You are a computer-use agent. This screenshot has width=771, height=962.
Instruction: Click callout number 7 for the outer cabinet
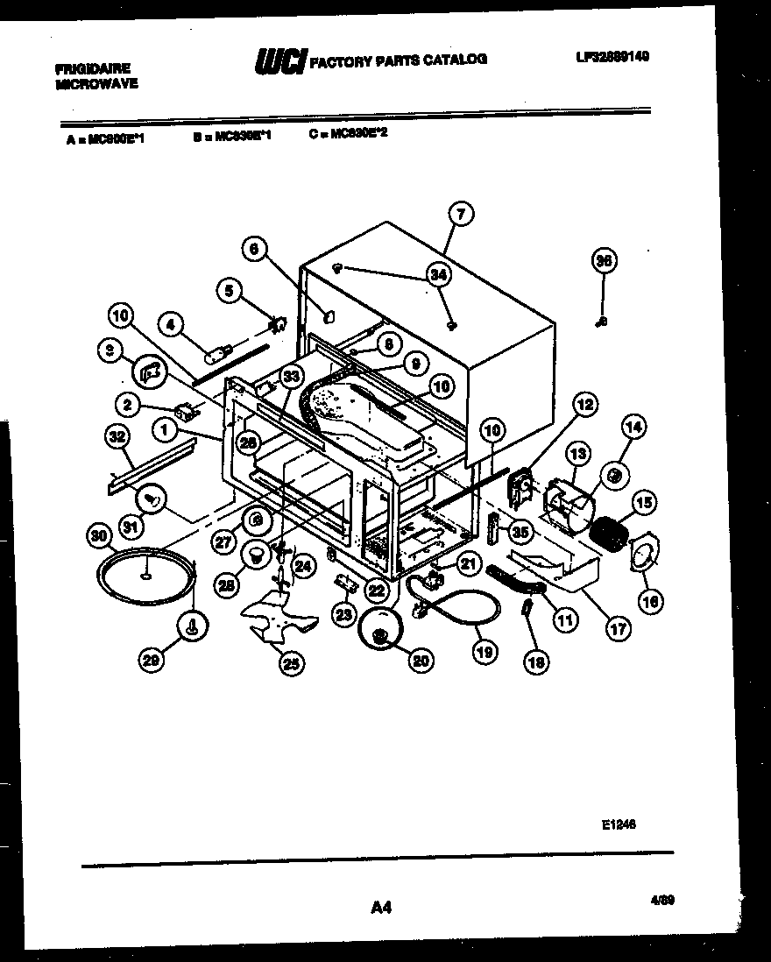coord(462,213)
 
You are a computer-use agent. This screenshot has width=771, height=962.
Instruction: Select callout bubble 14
coord(633,428)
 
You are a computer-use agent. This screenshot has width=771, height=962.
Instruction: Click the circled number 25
coord(292,664)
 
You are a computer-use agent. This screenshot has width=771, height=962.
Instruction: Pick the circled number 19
coord(484,652)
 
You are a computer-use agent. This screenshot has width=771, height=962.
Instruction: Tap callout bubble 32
coord(116,435)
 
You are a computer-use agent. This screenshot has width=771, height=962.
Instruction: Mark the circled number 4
coord(172,324)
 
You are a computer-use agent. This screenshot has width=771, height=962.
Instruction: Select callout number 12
coord(584,404)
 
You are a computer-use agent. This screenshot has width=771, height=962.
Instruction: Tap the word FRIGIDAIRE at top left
coord(93,67)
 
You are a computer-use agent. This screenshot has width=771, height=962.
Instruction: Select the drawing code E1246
coord(619,824)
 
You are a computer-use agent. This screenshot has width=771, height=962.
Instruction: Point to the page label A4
coord(381,908)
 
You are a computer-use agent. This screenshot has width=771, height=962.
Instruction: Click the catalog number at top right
coord(612,56)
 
